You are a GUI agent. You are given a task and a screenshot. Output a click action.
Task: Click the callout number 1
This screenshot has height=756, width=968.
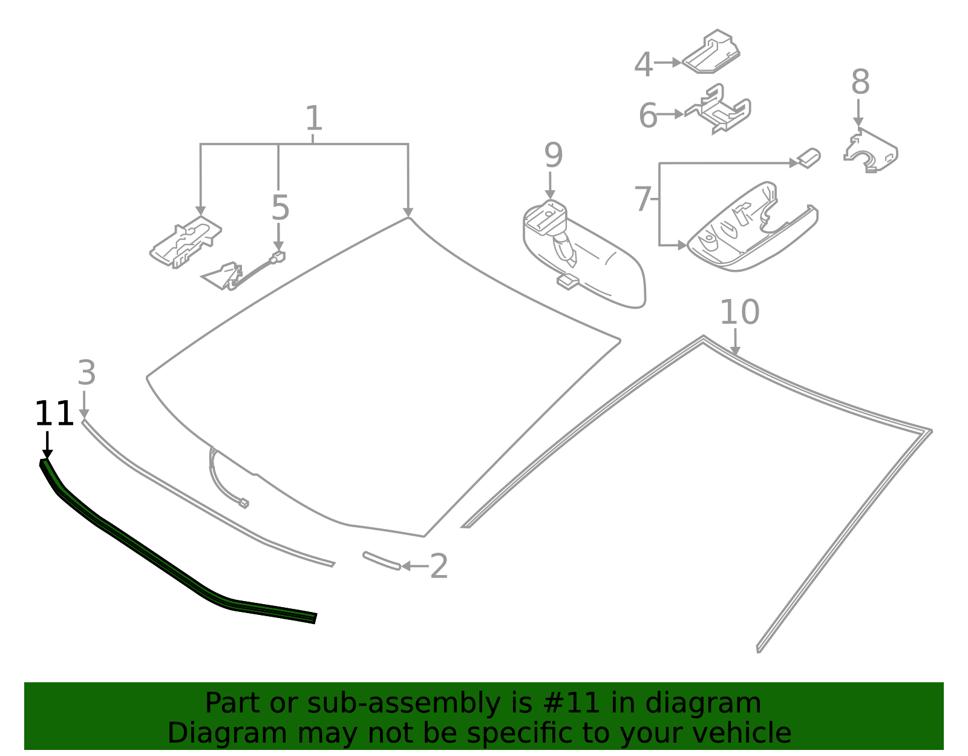(313, 119)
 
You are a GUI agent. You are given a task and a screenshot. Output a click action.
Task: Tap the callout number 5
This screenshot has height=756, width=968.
(280, 208)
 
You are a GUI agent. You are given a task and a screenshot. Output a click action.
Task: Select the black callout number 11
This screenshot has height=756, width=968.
(54, 415)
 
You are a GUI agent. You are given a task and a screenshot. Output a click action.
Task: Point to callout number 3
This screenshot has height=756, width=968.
(87, 373)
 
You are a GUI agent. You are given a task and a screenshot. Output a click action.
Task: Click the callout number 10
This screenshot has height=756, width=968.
(739, 313)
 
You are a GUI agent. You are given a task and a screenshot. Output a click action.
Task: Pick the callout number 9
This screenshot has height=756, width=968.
(553, 156)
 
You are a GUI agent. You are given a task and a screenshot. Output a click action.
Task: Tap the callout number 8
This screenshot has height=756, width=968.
(860, 82)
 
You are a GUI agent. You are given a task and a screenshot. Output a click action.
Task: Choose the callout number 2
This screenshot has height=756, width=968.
(439, 567)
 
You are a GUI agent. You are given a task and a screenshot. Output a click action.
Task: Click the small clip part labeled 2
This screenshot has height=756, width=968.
(381, 560)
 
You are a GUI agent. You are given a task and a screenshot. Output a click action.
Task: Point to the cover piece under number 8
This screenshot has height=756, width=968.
(871, 151)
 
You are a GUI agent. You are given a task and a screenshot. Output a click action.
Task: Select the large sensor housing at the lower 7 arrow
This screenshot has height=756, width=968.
(750, 230)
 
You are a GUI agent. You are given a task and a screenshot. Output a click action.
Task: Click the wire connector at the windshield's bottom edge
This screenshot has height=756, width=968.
(243, 502)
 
